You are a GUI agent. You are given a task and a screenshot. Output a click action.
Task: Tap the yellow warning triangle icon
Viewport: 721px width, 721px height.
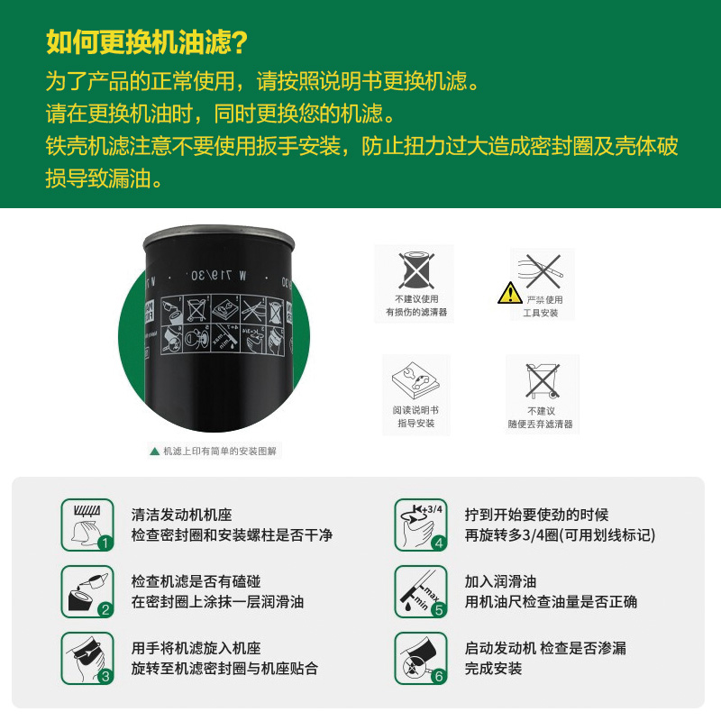coord(509,293)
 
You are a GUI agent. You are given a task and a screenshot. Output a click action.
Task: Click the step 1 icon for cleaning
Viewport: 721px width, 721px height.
coord(87,525)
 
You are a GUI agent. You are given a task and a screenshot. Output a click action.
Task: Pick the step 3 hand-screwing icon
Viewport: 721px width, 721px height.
coord(87,659)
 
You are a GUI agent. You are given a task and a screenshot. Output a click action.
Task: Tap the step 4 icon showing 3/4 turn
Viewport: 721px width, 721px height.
coord(421,525)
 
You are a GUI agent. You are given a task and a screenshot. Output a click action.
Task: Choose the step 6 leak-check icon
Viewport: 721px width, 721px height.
coord(421,659)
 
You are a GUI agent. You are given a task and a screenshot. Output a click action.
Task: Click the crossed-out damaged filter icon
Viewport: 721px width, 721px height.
coord(415,269)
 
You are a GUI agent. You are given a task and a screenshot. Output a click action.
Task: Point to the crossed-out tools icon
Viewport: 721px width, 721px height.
coord(542,269)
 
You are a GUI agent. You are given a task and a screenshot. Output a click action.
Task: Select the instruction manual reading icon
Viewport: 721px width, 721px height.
coord(415,379)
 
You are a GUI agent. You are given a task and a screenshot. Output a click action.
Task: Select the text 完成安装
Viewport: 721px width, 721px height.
coord(493,669)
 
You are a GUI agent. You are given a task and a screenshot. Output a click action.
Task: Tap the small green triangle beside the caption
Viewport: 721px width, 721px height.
coord(154,451)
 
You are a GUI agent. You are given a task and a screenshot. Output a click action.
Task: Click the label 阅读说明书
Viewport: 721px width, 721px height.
coord(415,410)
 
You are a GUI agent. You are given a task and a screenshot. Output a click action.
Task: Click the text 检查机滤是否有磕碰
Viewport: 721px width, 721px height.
coord(202,582)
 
